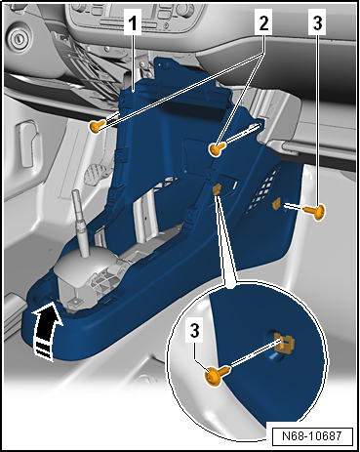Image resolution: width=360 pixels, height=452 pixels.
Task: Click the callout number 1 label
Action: coord(133,21)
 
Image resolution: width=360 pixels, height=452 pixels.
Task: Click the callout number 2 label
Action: coord(263,21)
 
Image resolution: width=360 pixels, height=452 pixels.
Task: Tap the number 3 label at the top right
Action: coord(317,21)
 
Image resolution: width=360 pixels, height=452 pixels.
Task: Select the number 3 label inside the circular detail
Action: coord(194,331)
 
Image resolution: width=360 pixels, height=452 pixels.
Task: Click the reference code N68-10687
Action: coord(312,435)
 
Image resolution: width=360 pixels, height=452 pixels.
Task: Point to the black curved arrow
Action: coord(47,329)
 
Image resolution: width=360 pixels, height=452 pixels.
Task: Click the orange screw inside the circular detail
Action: coord(218,375)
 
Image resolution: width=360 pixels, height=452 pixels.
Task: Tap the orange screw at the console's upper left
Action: coord(97,125)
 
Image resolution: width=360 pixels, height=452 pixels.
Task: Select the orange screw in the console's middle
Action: coord(216,149)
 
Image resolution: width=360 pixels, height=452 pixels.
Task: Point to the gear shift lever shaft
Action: coord(80,222)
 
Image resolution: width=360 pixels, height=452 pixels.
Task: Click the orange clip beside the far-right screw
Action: coord(277,204)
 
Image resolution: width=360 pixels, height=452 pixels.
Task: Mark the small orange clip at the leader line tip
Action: coord(217,189)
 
